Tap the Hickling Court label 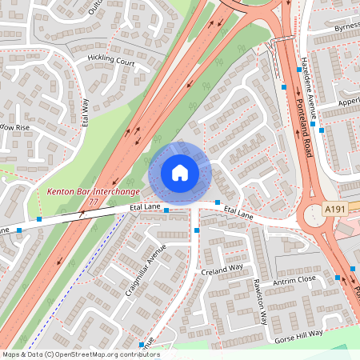(111, 60)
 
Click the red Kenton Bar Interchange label (94, 192)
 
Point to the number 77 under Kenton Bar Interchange (94, 202)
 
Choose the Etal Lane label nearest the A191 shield (238, 214)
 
